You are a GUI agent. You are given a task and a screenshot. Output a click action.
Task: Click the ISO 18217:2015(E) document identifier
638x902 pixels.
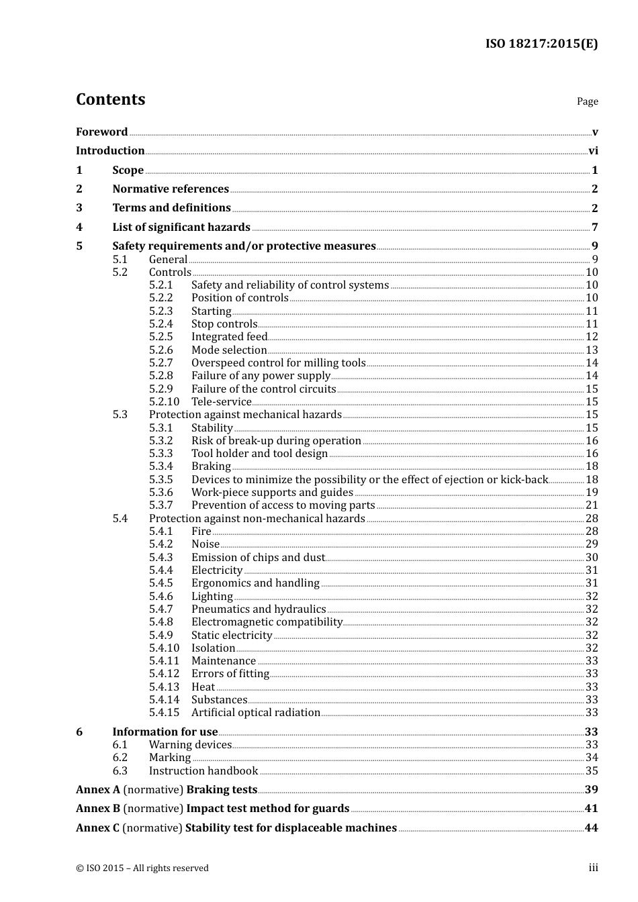(541, 44)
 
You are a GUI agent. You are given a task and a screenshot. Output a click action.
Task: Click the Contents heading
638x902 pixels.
(110, 99)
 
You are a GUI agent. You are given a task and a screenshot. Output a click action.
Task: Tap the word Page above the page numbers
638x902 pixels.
(587, 101)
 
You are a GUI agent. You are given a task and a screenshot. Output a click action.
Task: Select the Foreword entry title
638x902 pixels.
(101, 132)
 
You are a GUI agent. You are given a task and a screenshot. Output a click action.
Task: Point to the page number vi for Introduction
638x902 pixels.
(593, 151)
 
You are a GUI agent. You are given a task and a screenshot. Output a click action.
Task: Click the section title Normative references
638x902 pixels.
(171, 189)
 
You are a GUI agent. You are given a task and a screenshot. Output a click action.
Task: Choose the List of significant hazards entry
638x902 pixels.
(181, 228)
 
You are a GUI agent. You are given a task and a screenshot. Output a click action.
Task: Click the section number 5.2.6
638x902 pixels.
(161, 350)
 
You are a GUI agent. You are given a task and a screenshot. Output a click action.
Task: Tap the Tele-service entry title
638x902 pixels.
(221, 402)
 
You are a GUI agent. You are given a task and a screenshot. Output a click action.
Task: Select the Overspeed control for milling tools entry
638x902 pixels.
(278, 363)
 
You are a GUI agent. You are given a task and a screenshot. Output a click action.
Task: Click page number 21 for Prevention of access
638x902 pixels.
(592, 505)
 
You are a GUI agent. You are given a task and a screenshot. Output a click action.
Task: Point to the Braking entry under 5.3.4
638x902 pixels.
(211, 466)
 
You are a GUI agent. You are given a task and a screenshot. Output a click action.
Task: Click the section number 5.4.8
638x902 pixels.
(161, 622)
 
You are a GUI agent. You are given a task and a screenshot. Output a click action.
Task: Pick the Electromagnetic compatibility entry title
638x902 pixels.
(267, 622)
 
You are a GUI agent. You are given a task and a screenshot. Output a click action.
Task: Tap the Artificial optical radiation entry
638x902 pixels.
(255, 713)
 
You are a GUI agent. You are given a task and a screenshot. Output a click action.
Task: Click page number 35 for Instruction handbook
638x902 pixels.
(592, 771)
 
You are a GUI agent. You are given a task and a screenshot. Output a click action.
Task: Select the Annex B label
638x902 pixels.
(98, 809)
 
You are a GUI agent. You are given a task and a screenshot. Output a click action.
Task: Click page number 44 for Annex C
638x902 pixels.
(591, 828)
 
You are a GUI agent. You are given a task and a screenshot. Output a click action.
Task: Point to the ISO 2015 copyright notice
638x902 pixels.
(142, 868)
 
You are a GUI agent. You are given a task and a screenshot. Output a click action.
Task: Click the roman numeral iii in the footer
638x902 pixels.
(593, 868)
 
